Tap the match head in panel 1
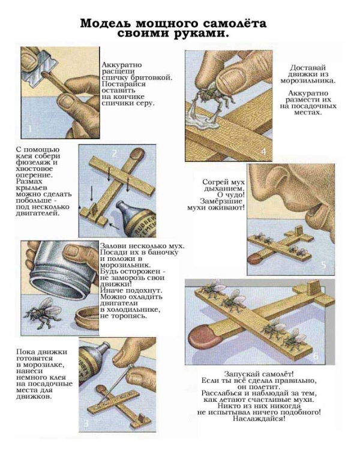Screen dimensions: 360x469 (44, 73)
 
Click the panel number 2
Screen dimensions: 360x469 (114, 154)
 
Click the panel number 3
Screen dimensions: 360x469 (86, 423)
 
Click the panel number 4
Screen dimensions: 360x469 (263, 152)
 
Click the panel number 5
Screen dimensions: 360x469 (323, 265)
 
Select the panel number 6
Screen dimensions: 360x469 (316, 356)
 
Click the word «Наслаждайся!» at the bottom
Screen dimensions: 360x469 (259, 419)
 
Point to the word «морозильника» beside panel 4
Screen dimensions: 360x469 (308, 81)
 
